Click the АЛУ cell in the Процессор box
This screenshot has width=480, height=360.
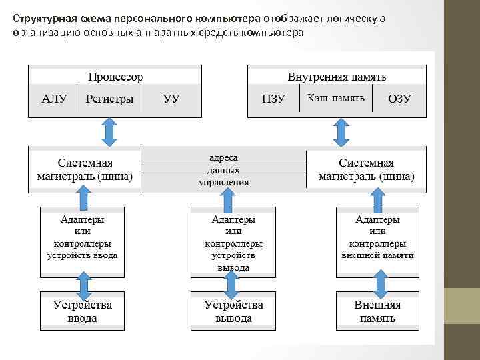(x=54, y=99)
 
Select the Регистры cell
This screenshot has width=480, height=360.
(x=109, y=99)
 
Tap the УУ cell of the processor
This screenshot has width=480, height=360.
(x=171, y=99)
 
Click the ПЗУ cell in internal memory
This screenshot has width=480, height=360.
(x=273, y=99)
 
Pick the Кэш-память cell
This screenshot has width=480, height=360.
(x=336, y=99)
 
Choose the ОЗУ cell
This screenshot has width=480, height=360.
(x=399, y=99)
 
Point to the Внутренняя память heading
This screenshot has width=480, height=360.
(x=337, y=76)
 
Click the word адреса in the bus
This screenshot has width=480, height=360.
(x=223, y=158)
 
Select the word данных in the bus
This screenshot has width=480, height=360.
(x=223, y=170)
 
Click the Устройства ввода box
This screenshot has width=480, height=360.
(x=83, y=311)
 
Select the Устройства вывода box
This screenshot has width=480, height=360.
(x=233, y=311)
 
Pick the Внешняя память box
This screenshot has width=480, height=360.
(x=377, y=311)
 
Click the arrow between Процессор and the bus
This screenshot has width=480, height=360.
(x=109, y=132)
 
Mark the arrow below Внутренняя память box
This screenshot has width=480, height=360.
(x=341, y=132)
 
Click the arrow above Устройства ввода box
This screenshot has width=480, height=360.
(x=83, y=285)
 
